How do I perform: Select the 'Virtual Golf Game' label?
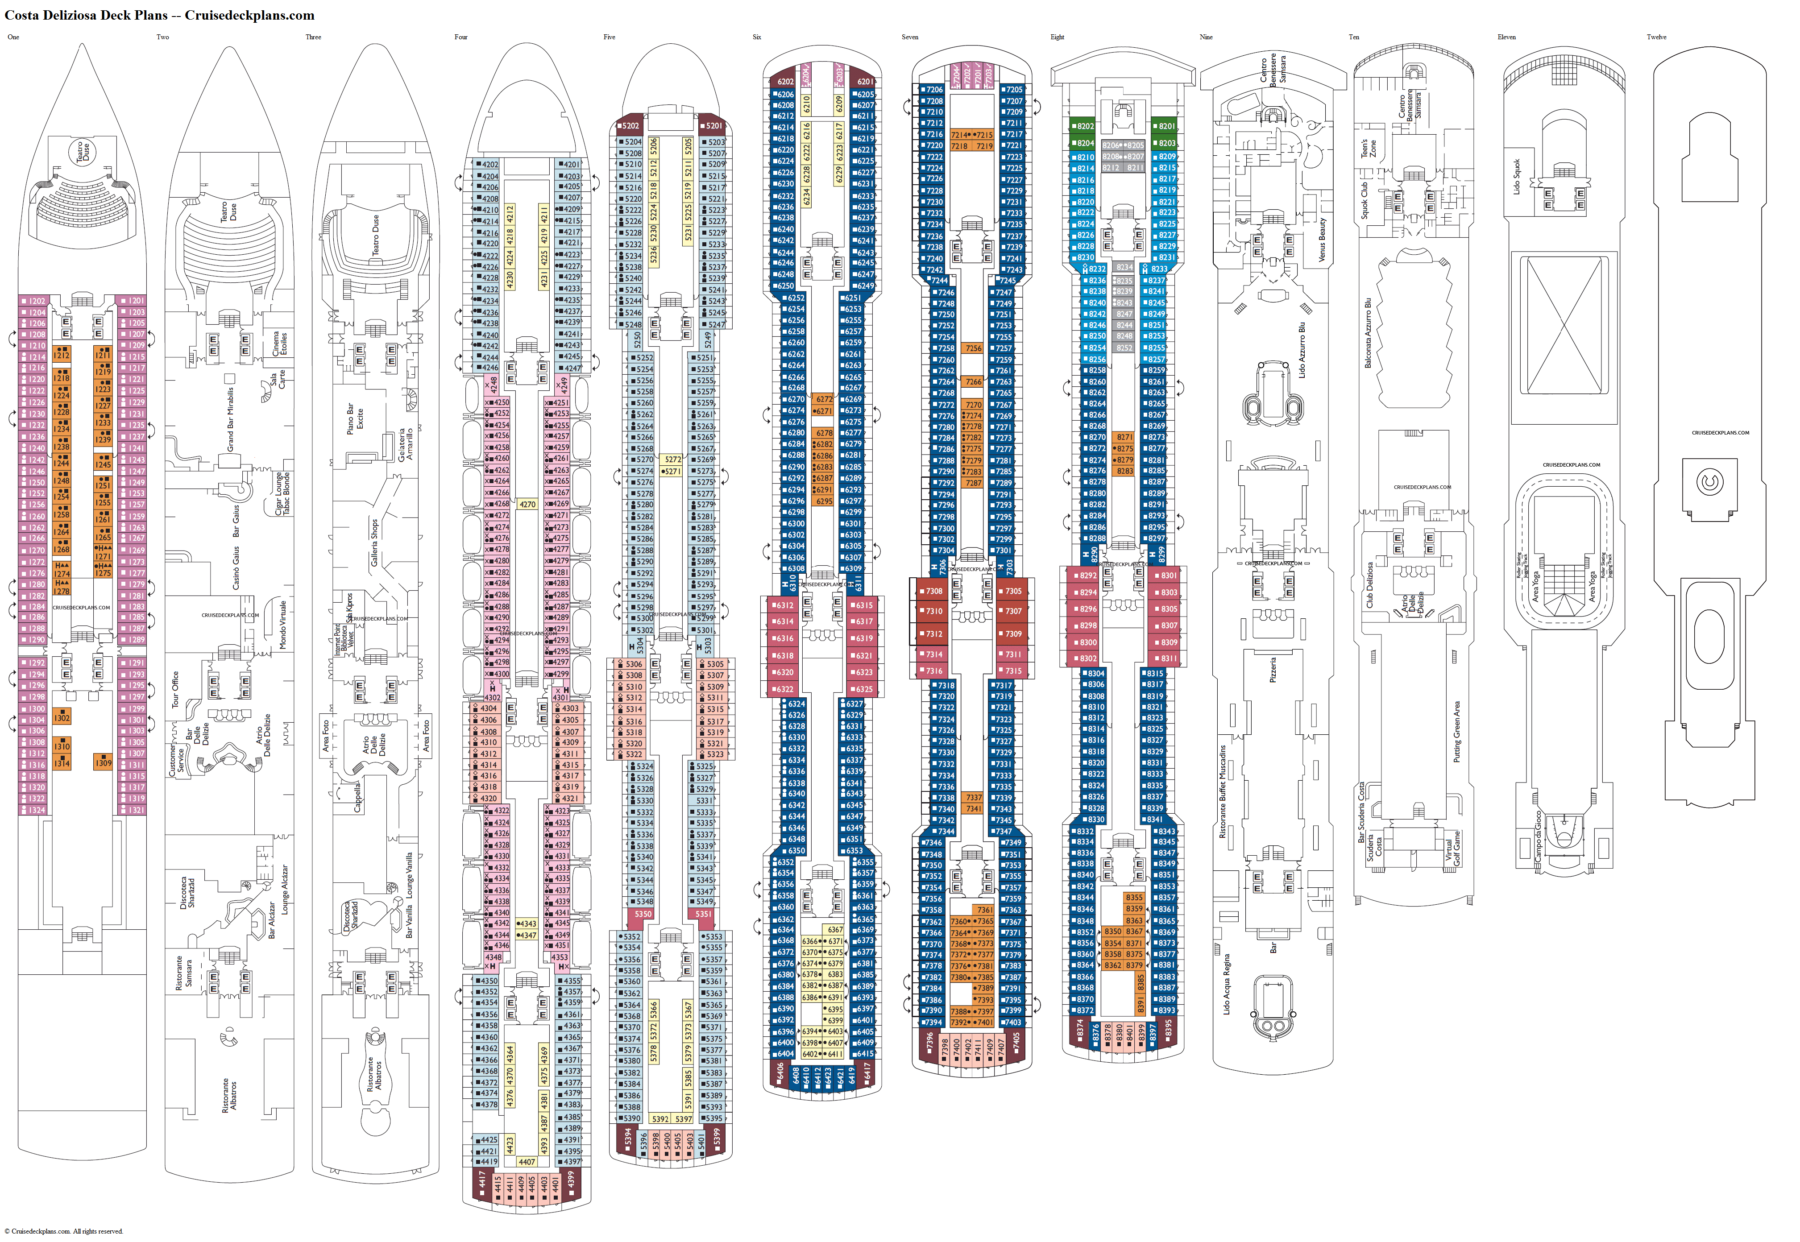coord(1452,848)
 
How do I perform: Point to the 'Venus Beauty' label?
coord(1321,240)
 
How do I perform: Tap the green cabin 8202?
coord(1083,126)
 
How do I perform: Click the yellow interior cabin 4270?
coord(527,504)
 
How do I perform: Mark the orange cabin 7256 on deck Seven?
coord(973,348)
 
